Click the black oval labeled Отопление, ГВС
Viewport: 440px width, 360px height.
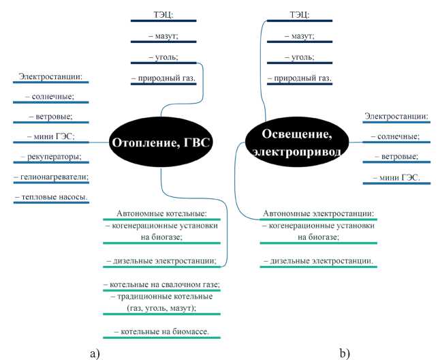click(x=161, y=142)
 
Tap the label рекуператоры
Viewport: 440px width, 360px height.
click(x=50, y=157)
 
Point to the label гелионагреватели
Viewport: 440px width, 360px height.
click(x=50, y=177)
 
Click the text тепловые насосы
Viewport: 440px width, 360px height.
click(x=51, y=196)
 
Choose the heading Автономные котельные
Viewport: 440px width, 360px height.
click(x=161, y=213)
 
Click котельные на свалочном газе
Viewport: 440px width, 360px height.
click(x=161, y=284)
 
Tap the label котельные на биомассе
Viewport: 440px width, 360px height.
click(x=161, y=331)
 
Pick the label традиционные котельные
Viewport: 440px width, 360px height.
click(x=161, y=296)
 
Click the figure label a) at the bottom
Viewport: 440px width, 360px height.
click(x=95, y=352)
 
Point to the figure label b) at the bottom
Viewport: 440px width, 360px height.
click(x=344, y=352)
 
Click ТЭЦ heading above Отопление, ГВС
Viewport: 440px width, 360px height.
click(x=163, y=14)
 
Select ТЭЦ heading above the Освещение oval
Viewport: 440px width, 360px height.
click(x=299, y=14)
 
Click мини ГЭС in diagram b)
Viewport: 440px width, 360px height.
click(x=396, y=178)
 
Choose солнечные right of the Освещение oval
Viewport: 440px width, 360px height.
click(x=396, y=136)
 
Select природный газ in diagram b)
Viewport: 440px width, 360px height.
click(x=299, y=78)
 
